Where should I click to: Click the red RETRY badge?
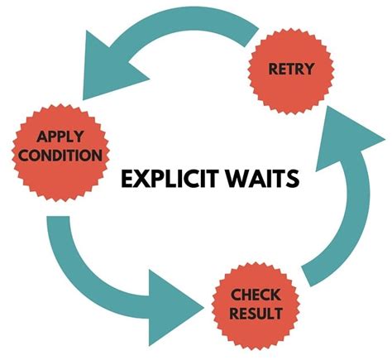(x=291, y=68)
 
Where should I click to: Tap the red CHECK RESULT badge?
(x=256, y=304)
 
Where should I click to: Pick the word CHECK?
(x=256, y=295)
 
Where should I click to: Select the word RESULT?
(x=256, y=313)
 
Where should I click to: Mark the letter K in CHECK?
(x=277, y=295)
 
